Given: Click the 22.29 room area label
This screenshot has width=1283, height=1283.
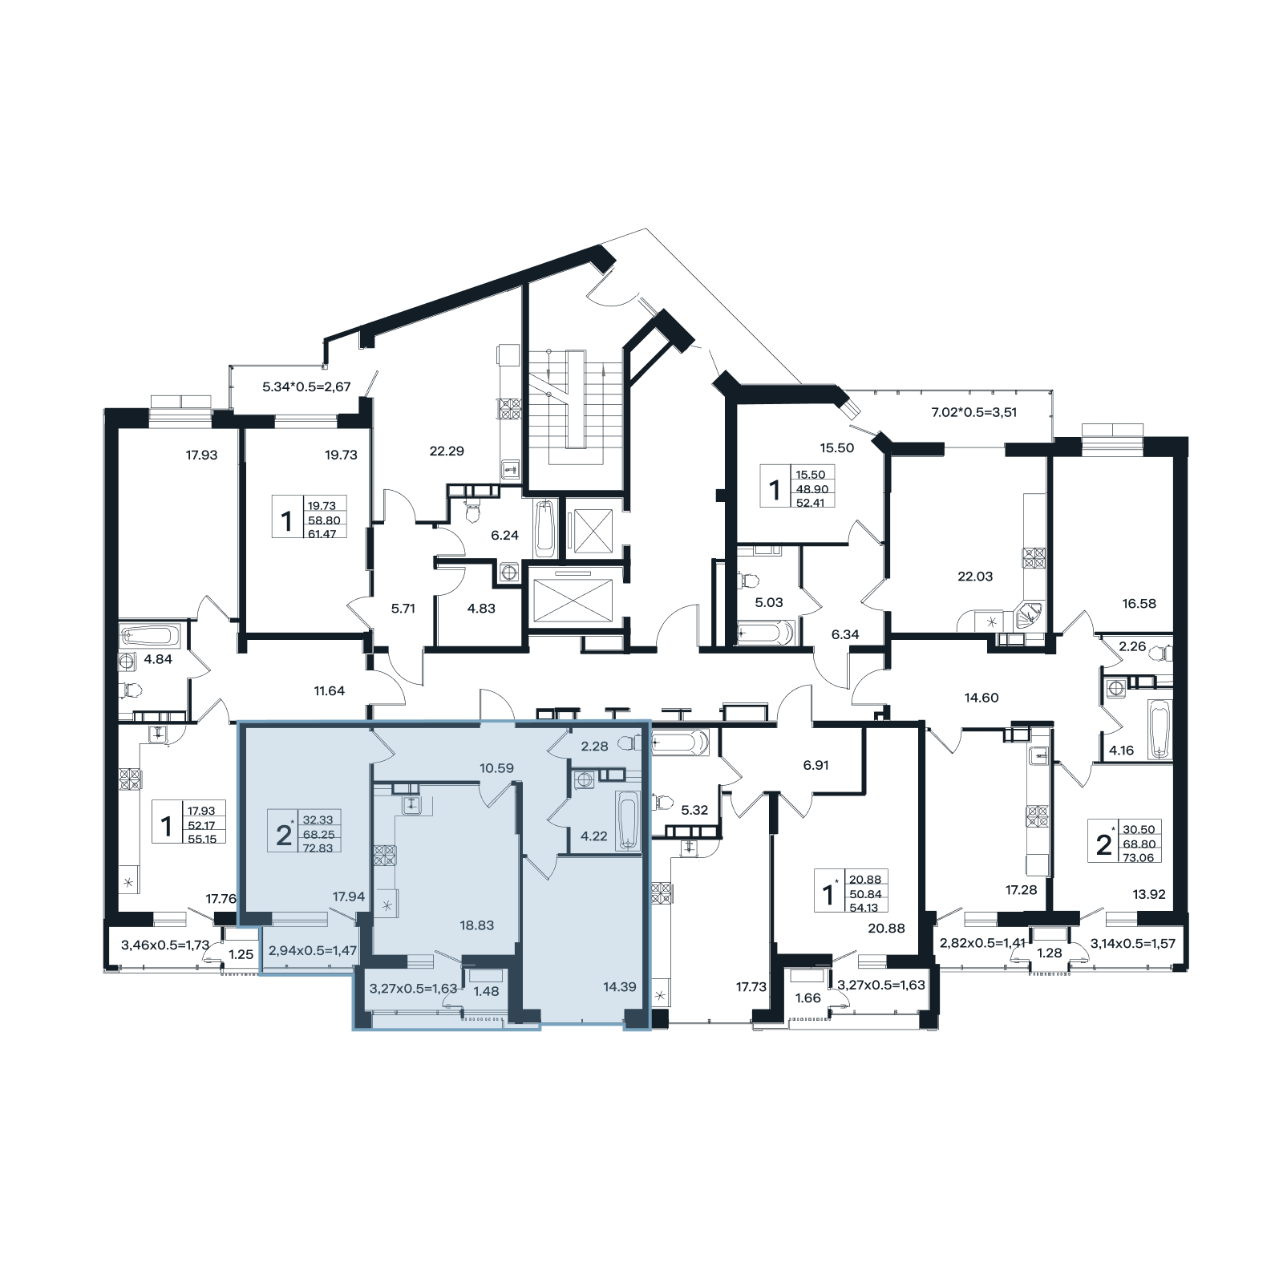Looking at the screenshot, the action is [x=447, y=451].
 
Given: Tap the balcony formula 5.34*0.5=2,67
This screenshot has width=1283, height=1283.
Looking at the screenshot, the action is [x=306, y=387].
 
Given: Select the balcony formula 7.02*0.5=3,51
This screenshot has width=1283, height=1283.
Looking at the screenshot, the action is [x=973, y=412].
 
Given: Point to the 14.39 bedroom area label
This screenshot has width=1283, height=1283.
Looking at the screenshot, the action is [x=620, y=987].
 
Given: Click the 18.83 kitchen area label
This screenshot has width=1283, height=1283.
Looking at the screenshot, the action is [x=476, y=925].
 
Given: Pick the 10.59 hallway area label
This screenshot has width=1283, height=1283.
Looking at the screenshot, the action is [x=496, y=768].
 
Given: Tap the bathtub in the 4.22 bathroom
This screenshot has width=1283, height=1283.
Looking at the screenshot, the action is [x=627, y=820].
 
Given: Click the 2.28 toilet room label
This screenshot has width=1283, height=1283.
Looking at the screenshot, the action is [x=594, y=746].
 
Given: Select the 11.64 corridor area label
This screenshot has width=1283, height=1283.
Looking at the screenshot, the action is [x=329, y=690].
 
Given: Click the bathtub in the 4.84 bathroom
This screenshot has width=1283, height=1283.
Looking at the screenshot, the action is [x=150, y=637].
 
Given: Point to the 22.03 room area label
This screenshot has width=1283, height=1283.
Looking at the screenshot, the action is [x=975, y=576].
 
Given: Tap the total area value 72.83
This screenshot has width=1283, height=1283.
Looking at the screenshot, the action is [x=318, y=848].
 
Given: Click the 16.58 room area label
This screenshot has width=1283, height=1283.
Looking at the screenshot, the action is [x=1139, y=603].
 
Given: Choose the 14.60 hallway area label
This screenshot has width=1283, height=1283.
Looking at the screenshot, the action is [x=981, y=698].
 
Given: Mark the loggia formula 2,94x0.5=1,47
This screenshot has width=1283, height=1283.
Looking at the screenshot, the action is [x=312, y=951].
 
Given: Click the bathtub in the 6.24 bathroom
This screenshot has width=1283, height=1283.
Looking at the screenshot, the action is [x=544, y=528].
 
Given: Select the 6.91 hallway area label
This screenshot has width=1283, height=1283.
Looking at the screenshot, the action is [x=816, y=765].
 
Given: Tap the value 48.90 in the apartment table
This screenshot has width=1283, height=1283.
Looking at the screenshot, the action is [x=811, y=489].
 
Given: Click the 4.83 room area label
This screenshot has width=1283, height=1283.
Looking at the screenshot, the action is [x=481, y=608].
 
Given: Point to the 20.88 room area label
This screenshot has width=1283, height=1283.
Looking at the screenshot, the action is [x=886, y=928].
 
